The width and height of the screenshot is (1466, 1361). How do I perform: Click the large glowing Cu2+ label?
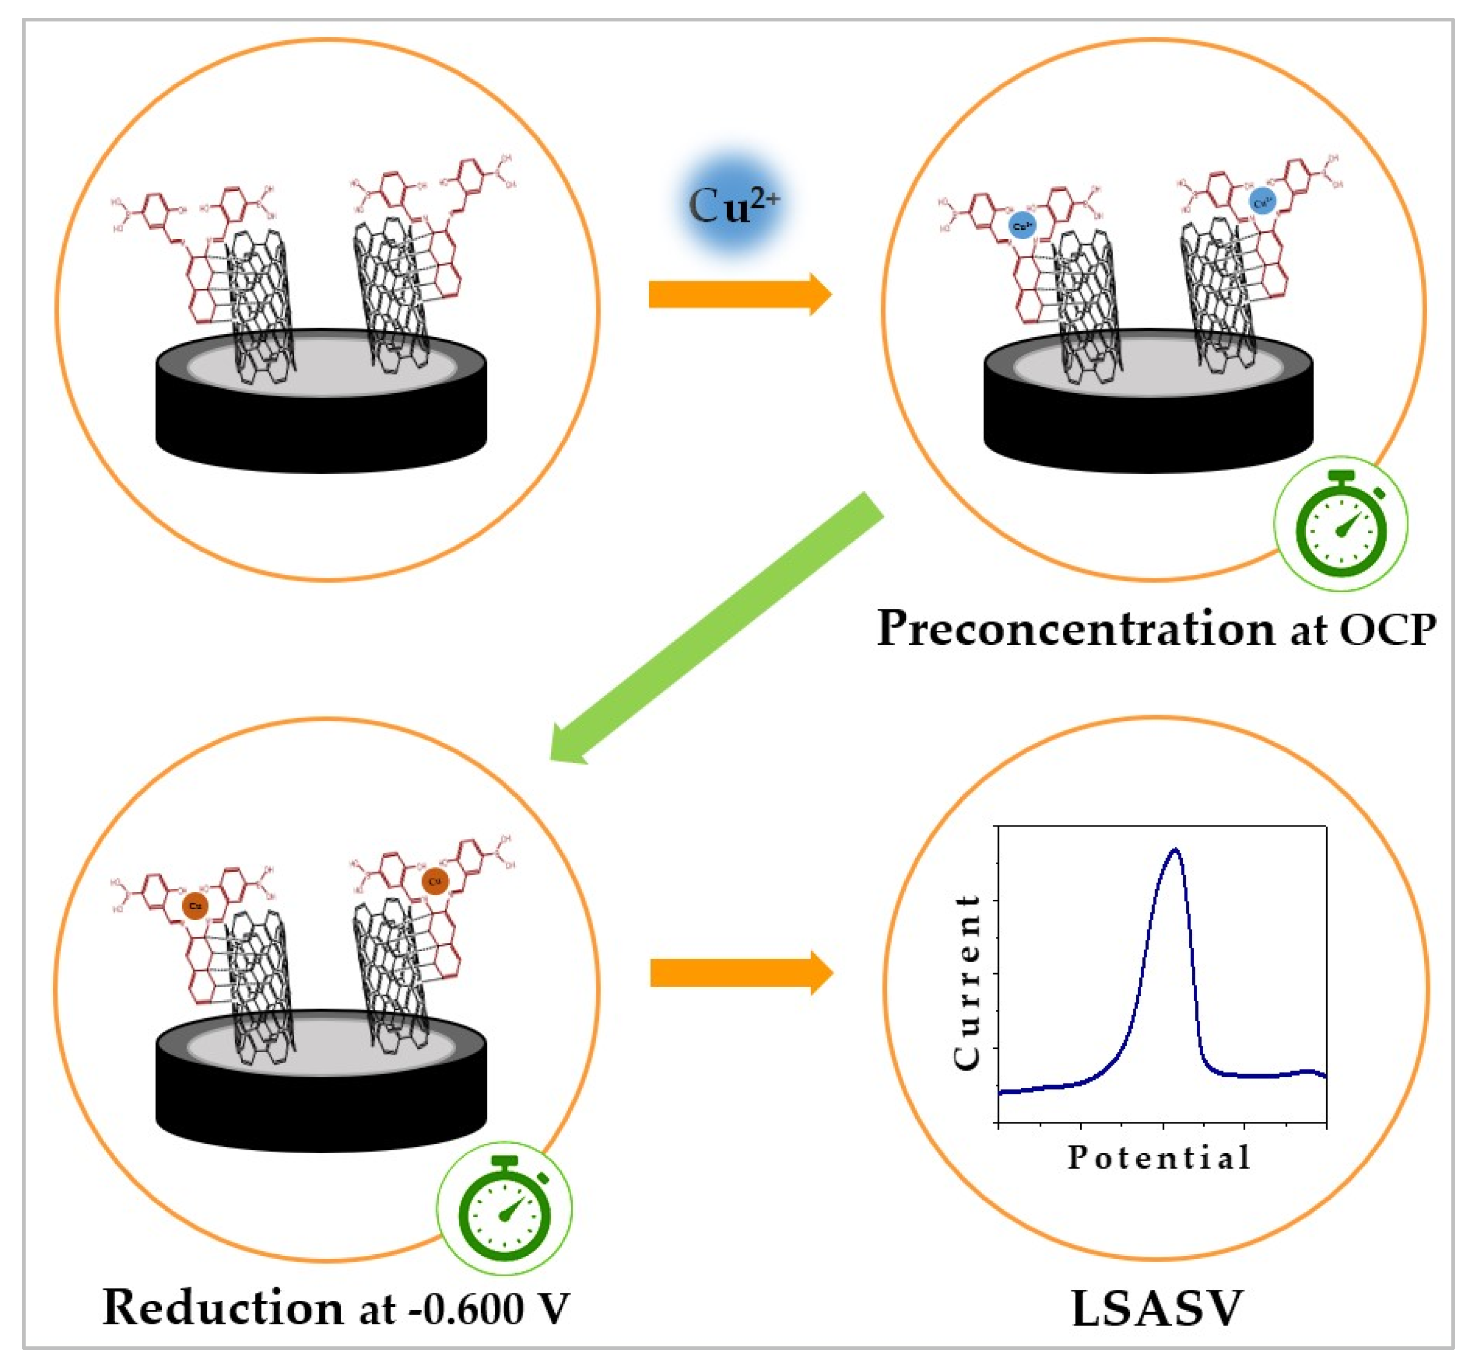tap(732, 206)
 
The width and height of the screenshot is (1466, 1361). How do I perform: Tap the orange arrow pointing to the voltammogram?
tap(740, 972)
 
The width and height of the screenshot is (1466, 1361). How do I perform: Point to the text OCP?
tap(1386, 630)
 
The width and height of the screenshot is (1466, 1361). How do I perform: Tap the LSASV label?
tap(1156, 1309)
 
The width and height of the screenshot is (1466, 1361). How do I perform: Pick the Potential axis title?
tap(1158, 1157)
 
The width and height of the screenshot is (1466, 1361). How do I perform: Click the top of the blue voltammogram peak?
tap(1174, 850)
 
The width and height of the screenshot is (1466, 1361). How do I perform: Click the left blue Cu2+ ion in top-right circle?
tap(1022, 226)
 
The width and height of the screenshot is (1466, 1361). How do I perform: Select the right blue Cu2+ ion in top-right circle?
tap(1262, 200)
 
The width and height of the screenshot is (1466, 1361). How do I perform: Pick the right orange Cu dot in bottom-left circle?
tap(435, 881)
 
